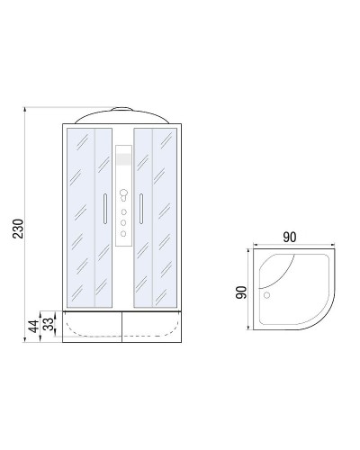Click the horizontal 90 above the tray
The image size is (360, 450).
[289, 238]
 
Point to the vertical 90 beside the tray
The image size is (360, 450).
[241, 294]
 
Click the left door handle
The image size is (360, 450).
[105, 208]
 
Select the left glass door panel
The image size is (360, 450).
[88, 216]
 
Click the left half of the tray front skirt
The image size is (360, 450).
[90, 327]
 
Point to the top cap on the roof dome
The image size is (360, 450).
[121, 108]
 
